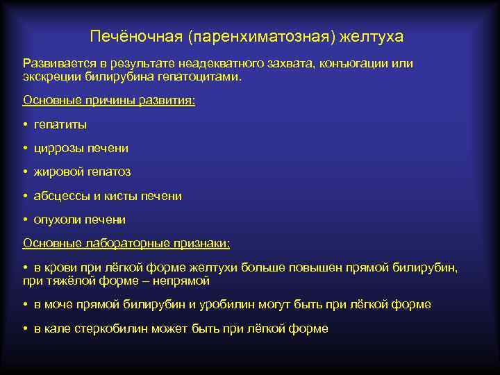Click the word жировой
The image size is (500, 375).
tap(59, 172)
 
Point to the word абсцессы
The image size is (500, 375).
tap(62, 196)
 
